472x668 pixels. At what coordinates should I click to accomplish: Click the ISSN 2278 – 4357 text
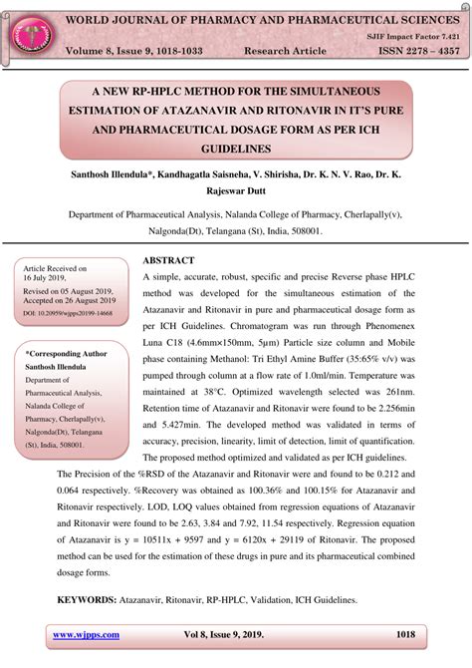point(403,51)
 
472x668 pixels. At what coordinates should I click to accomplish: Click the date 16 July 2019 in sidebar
point(51,279)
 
